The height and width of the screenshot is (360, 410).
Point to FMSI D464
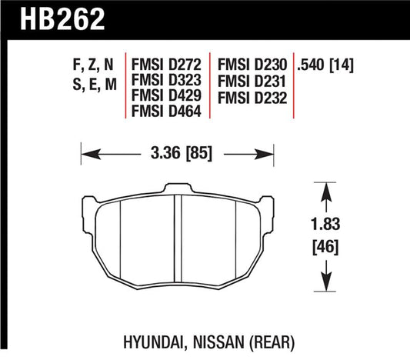tap(168, 112)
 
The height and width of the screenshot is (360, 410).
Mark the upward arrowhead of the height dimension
tap(328, 189)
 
